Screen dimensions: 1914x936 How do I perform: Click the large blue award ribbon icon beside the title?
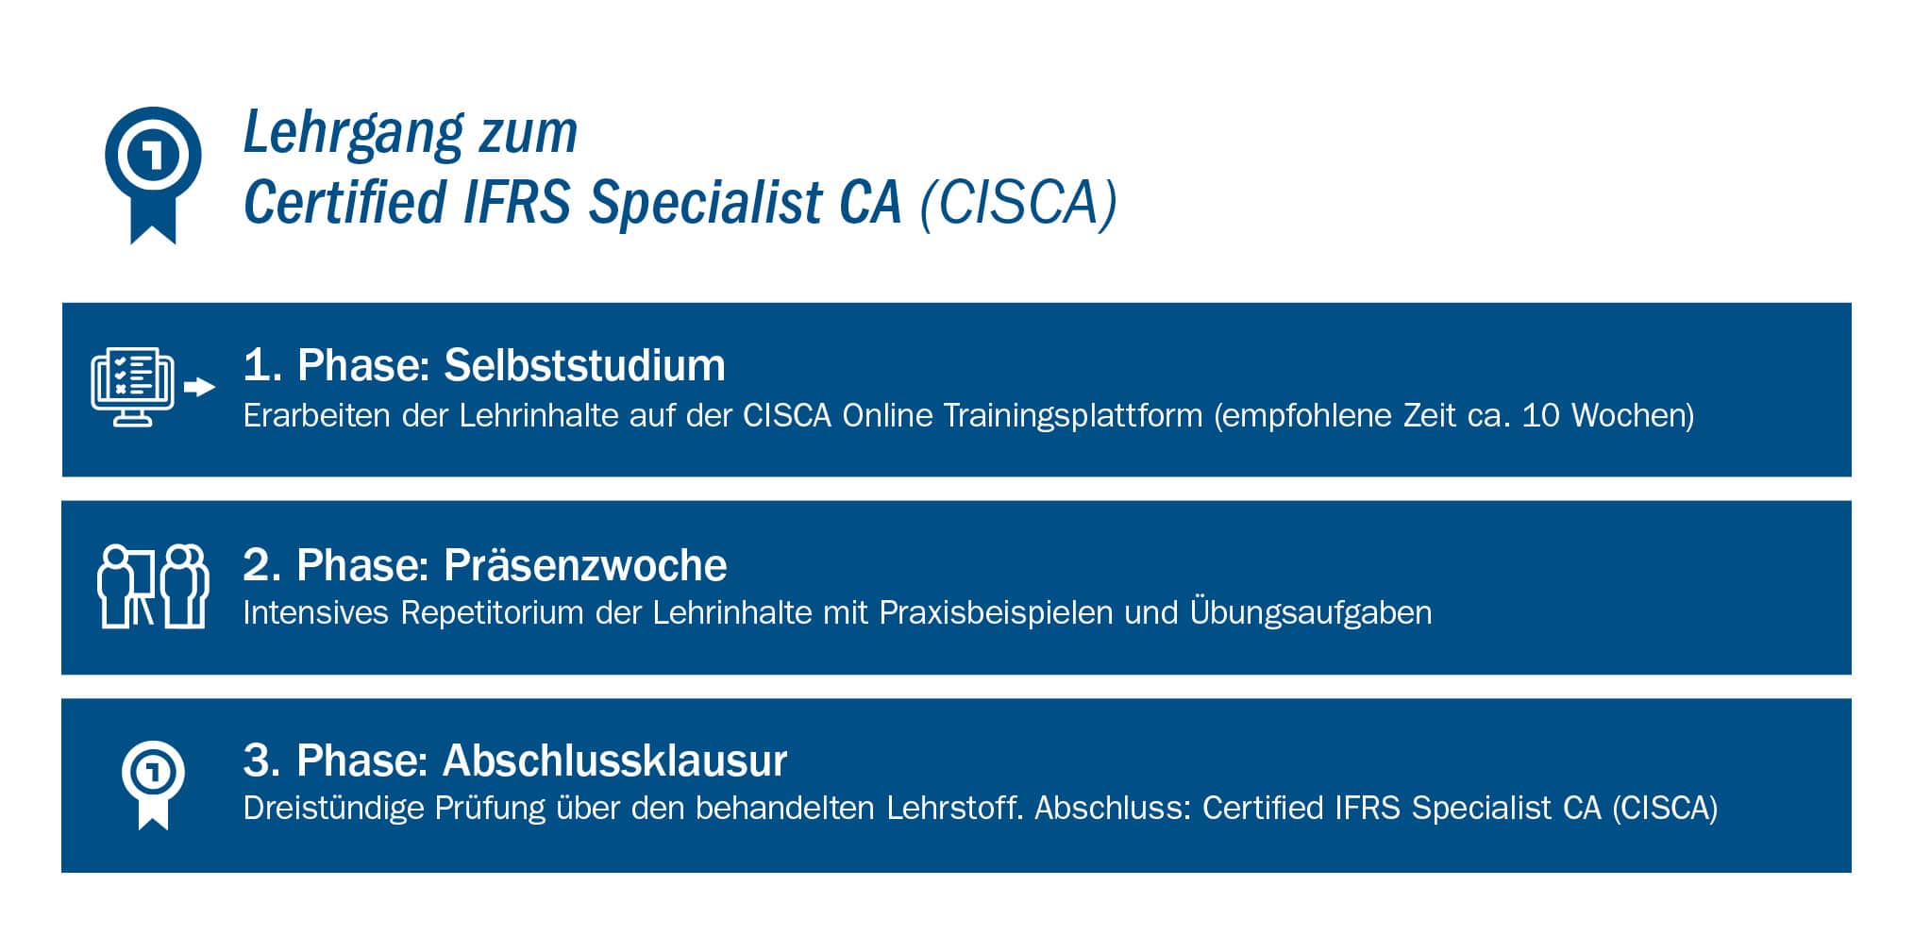tap(153, 175)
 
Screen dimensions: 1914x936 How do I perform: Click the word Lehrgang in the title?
tap(353, 134)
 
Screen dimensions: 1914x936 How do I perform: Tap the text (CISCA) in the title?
tap(1018, 202)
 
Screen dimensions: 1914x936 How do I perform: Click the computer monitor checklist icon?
tap(133, 387)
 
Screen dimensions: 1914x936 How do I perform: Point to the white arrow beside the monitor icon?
tap(200, 387)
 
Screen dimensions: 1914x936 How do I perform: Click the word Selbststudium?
tap(584, 365)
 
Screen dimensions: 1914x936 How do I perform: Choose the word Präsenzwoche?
tap(585, 565)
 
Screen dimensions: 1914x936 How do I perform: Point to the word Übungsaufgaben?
tap(1311, 612)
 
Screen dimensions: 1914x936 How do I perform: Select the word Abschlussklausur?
tap(614, 760)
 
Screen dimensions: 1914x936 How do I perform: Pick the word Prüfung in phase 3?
tap(490, 809)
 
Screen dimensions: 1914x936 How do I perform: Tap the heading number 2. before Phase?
tap(262, 565)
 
